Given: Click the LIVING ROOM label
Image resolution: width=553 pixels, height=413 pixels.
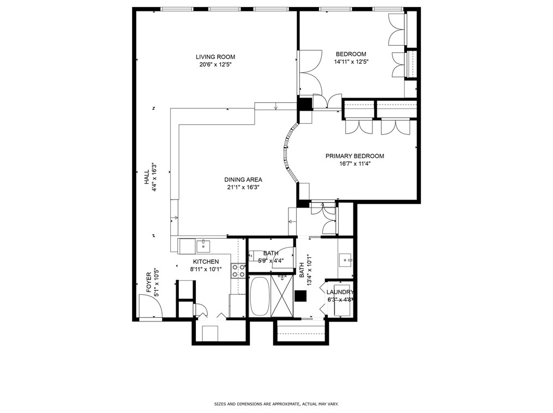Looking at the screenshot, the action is [x=215, y=57].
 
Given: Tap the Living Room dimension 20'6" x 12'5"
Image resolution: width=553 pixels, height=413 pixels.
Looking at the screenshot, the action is [x=215, y=64].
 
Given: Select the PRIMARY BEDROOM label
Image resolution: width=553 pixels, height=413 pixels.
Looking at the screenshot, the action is [x=354, y=156].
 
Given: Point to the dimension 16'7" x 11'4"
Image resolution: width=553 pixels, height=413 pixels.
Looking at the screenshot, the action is [x=354, y=164].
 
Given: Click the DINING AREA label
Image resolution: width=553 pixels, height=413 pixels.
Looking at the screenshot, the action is [x=243, y=180].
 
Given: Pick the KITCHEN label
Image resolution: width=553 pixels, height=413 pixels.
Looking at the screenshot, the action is [x=206, y=262].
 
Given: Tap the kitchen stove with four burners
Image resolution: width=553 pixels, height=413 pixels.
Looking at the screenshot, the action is [x=238, y=271].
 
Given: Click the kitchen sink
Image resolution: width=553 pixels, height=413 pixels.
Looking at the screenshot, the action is [x=203, y=245].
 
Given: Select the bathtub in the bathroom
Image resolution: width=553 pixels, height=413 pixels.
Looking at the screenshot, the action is [x=260, y=296].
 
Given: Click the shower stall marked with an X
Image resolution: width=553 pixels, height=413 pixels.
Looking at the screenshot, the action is [x=282, y=296].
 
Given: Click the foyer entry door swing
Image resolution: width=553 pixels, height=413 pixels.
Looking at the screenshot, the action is [x=151, y=306].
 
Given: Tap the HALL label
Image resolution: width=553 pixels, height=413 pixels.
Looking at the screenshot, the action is [x=146, y=177].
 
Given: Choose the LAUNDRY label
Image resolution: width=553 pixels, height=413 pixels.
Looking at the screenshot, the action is [x=340, y=292].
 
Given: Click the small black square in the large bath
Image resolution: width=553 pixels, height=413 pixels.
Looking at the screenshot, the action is [x=300, y=296].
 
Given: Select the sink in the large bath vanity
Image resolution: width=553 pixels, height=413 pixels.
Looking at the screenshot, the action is [x=345, y=260].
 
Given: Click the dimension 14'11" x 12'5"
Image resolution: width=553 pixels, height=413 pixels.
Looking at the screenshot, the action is [x=351, y=62].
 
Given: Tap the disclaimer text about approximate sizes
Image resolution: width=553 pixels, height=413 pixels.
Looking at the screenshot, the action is [x=276, y=404].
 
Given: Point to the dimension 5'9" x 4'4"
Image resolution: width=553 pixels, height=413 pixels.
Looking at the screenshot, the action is [x=271, y=261].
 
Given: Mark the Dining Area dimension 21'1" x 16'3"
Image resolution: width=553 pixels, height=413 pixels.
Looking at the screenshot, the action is [x=243, y=187].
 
